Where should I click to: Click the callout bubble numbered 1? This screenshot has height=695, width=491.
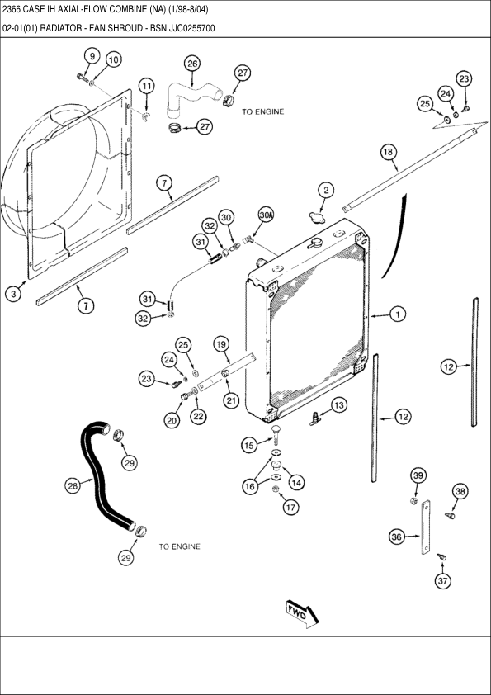pos(398,314)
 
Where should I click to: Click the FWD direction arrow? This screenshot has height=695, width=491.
pos(302,614)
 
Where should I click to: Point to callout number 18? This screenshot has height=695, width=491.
pos(388,153)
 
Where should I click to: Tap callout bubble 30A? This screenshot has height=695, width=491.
pos(266,215)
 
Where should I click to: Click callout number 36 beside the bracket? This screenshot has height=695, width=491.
pos(397,537)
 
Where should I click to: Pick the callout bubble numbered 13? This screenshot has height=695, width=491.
pos(339,405)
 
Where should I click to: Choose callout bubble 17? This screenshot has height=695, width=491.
pos(290,507)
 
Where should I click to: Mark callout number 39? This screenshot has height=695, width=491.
pos(417,475)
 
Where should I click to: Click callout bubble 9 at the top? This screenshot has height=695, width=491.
pos(92,56)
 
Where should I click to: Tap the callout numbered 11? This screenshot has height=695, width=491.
pos(147,86)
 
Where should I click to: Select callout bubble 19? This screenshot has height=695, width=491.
pos(221,344)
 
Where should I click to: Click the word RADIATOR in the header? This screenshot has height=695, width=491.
pos(59,28)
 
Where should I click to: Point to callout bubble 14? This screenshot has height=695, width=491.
pos(296,482)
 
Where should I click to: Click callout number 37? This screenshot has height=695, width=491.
pos(442,580)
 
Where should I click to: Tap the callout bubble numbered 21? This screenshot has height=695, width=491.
pos(231,400)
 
